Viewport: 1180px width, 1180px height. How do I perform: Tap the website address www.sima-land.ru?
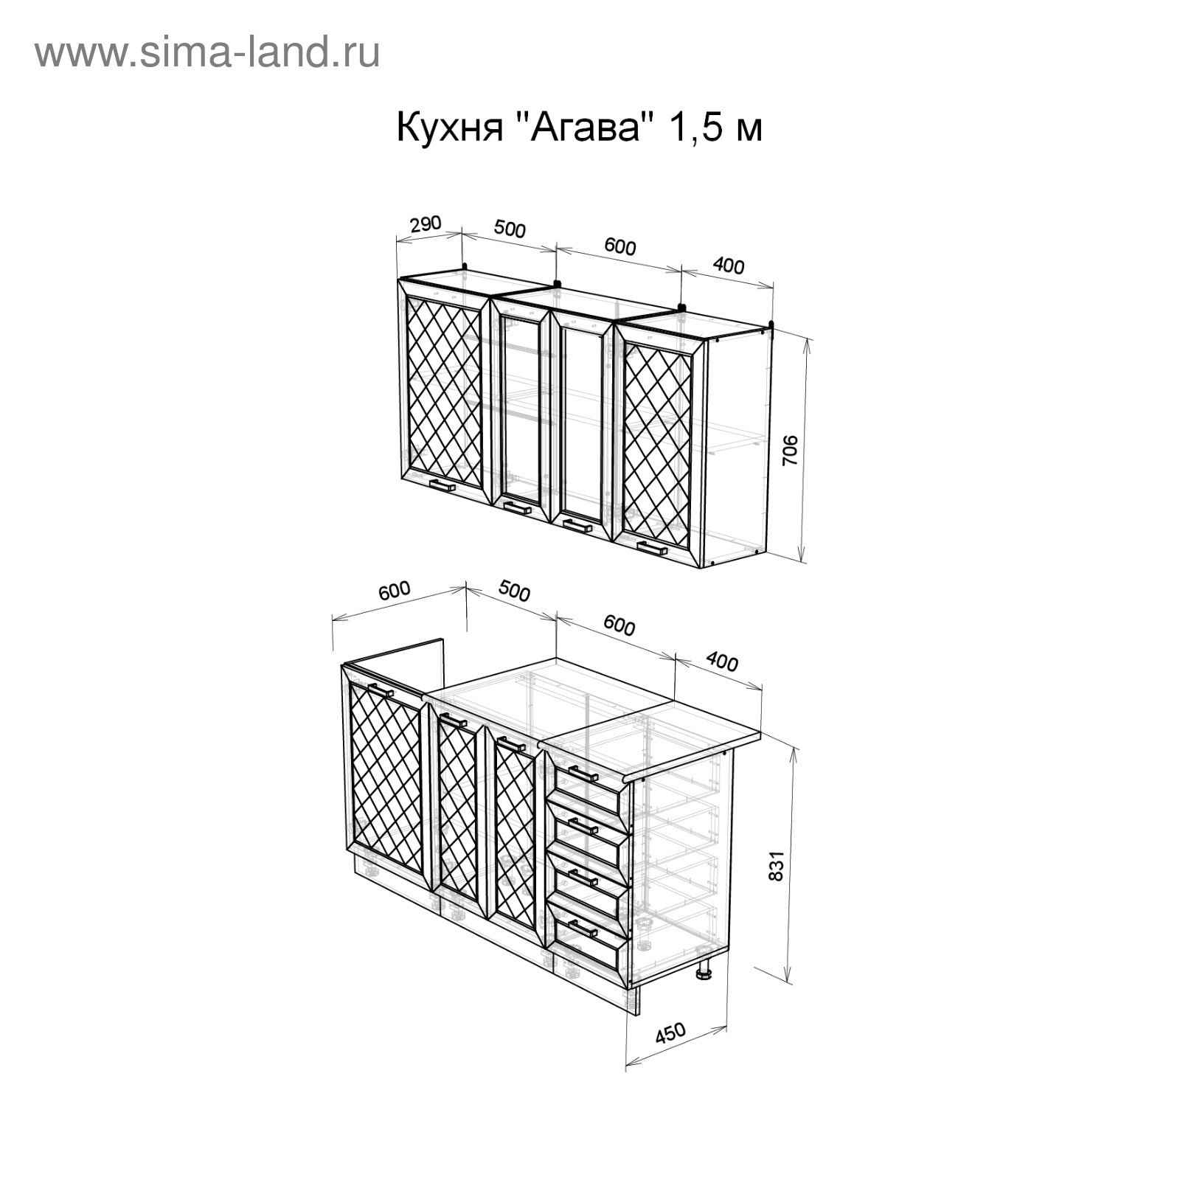pyautogui.click(x=207, y=53)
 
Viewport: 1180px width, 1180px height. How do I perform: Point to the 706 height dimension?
pyautogui.click(x=790, y=450)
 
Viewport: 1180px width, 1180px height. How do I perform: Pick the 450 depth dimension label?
pyautogui.click(x=670, y=1033)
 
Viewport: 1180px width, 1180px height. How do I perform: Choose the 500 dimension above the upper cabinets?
pyautogui.click(x=510, y=229)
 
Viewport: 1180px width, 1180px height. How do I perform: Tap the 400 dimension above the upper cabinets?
pyautogui.click(x=729, y=265)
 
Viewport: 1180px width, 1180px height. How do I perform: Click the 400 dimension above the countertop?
pyautogui.click(x=721, y=662)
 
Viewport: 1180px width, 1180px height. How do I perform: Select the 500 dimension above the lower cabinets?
pyautogui.click(x=514, y=591)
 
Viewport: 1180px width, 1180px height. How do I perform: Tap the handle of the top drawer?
pyautogui.click(x=583, y=774)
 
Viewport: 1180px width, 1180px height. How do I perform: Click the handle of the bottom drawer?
pyautogui.click(x=583, y=929)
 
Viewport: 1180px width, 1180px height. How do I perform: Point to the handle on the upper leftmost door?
pyautogui.click(x=442, y=485)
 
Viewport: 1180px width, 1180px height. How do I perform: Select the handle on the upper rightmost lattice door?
pyautogui.click(x=652, y=548)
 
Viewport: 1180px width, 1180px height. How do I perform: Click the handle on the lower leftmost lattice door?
pyautogui.click(x=381, y=690)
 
